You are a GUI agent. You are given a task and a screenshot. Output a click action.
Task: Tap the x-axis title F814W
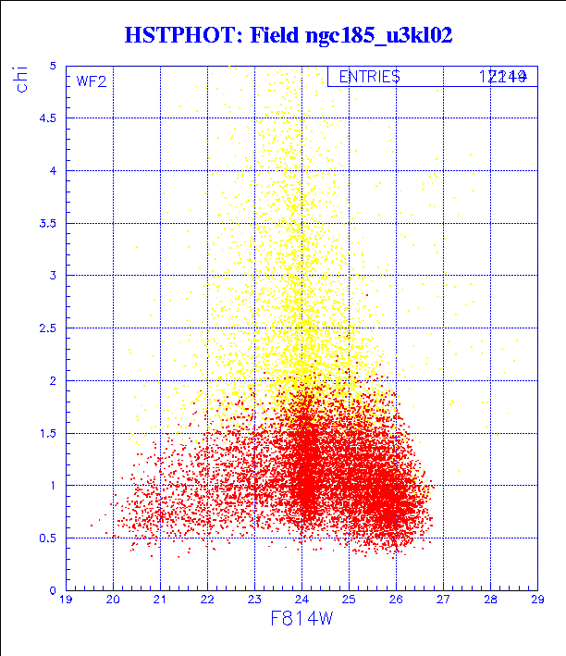click(x=300, y=618)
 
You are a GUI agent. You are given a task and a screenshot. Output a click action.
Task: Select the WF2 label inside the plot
click(x=92, y=80)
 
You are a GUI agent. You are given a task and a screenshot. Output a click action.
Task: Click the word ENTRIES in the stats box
click(x=369, y=77)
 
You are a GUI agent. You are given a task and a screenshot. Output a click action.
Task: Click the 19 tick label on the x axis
click(x=66, y=600)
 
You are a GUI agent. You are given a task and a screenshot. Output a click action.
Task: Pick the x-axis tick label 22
click(x=206, y=600)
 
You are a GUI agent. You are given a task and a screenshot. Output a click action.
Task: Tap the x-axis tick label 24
click(x=301, y=600)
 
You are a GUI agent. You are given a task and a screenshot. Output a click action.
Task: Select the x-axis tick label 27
click(x=442, y=600)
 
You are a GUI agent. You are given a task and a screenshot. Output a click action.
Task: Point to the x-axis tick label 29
click(x=536, y=600)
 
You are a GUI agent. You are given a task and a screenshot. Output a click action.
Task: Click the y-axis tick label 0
click(x=54, y=590)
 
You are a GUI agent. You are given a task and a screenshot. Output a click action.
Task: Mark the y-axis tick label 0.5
click(x=47, y=538)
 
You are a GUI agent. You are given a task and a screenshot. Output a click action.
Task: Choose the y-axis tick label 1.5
click(x=47, y=433)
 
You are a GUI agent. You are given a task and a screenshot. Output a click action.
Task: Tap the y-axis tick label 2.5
click(x=47, y=328)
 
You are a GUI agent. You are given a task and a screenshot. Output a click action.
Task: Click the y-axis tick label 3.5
click(x=47, y=223)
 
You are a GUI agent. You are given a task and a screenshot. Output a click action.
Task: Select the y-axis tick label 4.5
click(x=47, y=118)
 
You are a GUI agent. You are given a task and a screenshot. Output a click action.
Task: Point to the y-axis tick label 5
click(x=54, y=66)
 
